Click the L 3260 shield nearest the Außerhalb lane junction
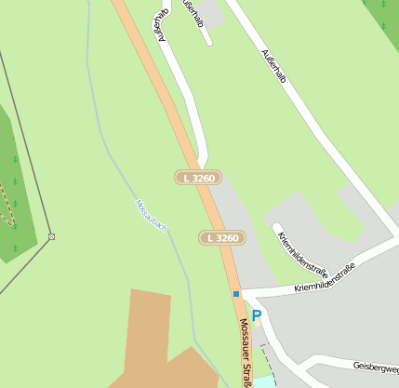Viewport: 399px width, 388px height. pyautogui.click(x=198, y=177)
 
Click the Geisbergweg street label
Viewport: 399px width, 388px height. pyautogui.click(x=376, y=368)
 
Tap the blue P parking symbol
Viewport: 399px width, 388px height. pyautogui.click(x=257, y=316)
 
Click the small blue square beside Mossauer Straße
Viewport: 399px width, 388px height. pyautogui.click(x=236, y=294)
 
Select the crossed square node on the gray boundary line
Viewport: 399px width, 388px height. pyautogui.click(x=51, y=236)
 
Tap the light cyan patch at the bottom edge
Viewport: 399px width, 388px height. pyautogui.click(x=267, y=381)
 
